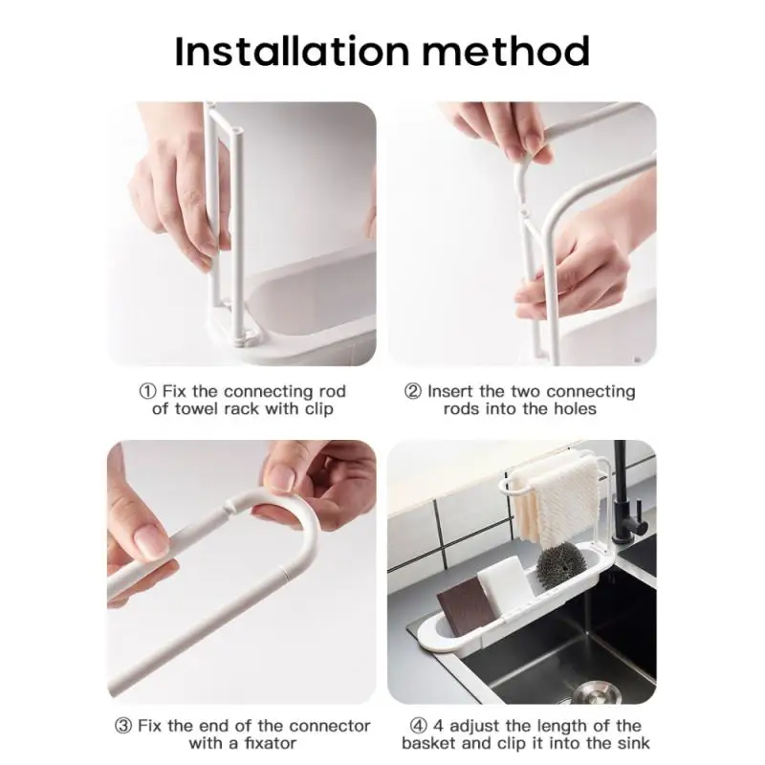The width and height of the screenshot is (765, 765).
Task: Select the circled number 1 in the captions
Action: (147, 392)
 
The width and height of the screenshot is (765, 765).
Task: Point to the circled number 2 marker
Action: (413, 392)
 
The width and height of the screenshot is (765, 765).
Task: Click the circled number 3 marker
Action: (124, 726)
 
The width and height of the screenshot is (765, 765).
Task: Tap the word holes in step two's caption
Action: (574, 409)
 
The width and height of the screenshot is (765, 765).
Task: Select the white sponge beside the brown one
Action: (503, 579)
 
